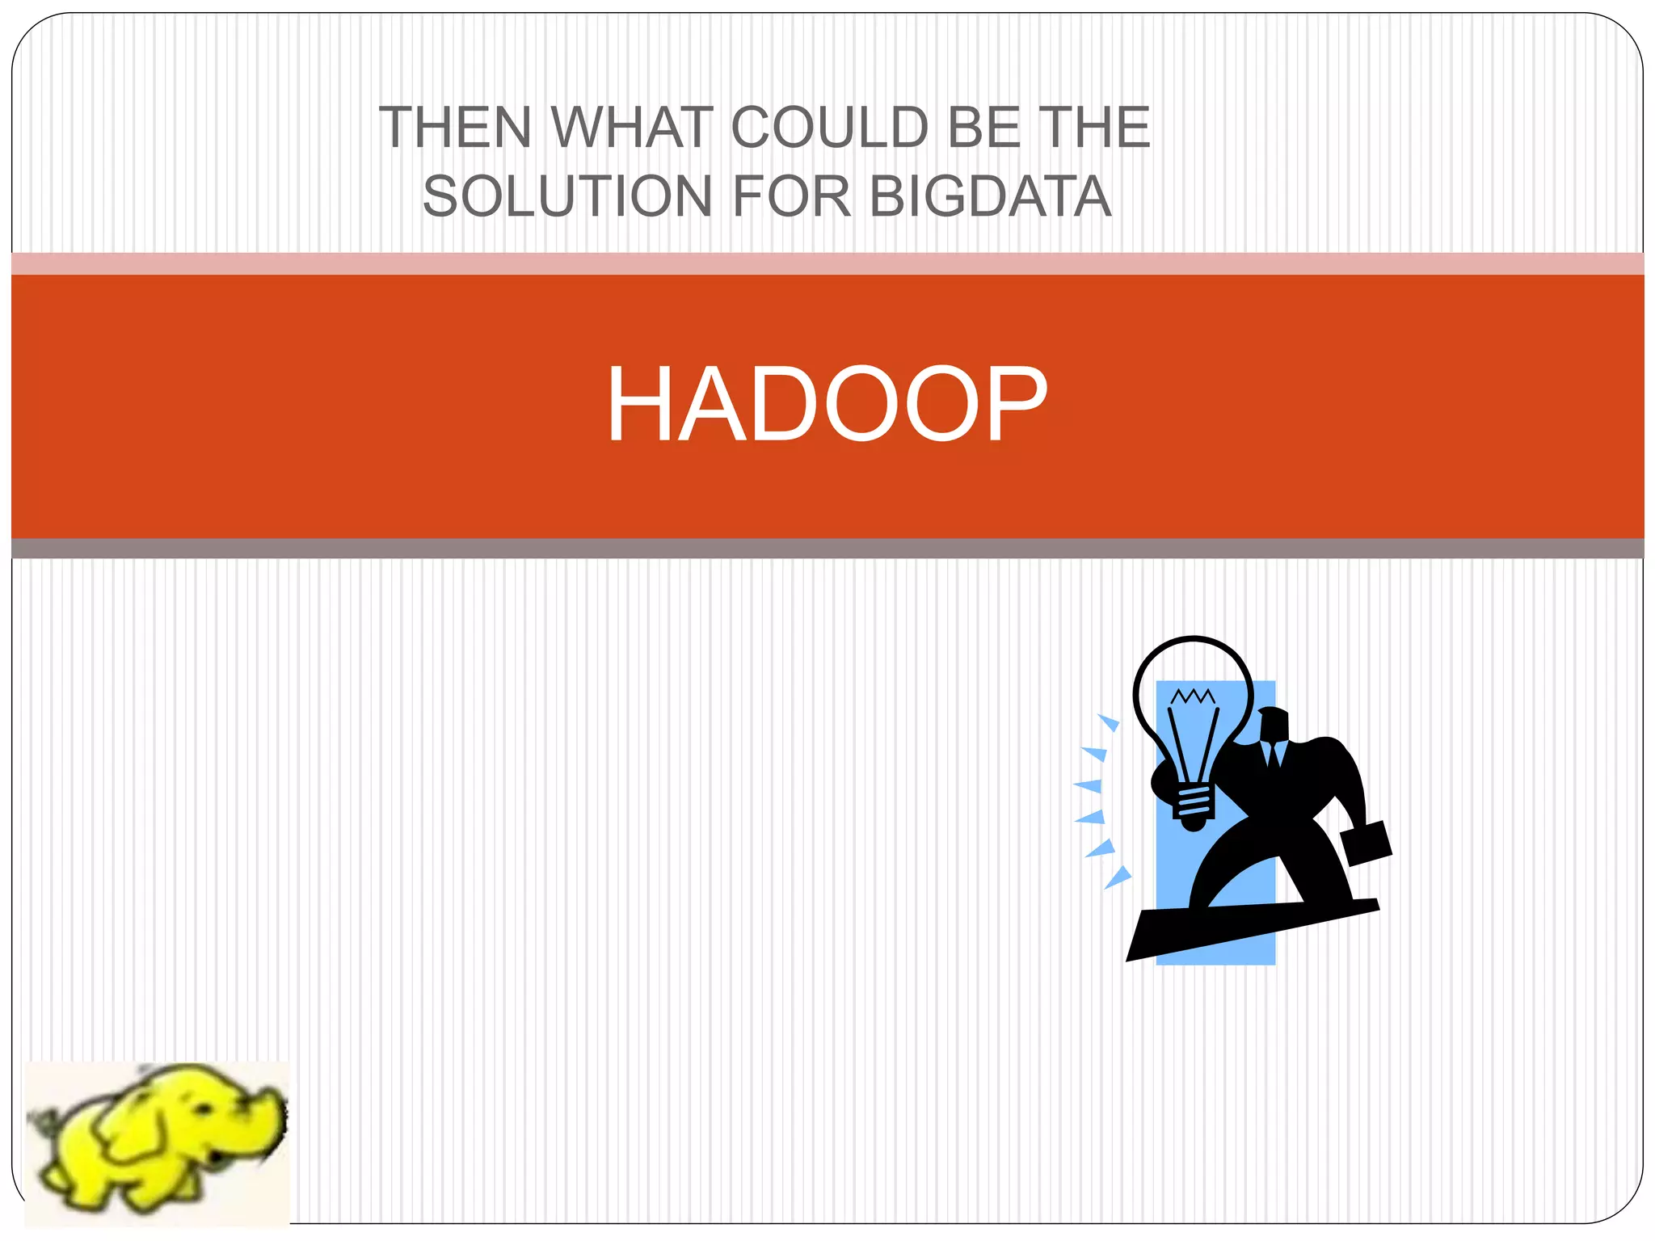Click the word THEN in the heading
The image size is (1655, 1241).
(x=454, y=128)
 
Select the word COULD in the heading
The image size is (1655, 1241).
(x=830, y=128)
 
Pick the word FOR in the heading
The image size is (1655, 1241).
(x=792, y=196)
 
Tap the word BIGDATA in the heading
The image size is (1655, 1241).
(x=991, y=196)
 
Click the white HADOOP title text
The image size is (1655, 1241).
(x=827, y=404)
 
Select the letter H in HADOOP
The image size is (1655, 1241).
(x=638, y=404)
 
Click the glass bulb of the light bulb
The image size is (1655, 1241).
(x=1193, y=711)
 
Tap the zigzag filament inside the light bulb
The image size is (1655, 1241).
(x=1193, y=696)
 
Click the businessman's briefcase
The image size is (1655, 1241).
(x=1366, y=843)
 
